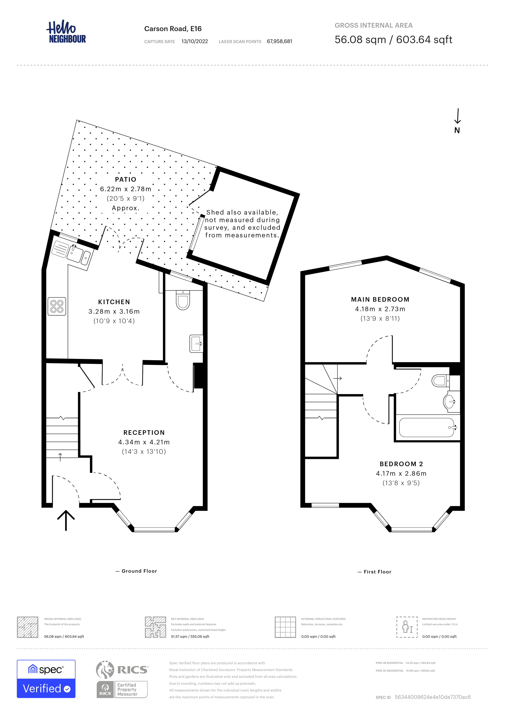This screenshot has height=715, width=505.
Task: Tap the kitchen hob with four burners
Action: [x=57, y=306]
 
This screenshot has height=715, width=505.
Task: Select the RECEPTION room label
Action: [x=144, y=433]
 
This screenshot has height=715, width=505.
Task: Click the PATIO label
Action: [x=126, y=179]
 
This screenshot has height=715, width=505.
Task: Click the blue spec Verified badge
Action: [x=46, y=679]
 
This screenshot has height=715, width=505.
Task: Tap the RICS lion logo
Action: [x=105, y=670]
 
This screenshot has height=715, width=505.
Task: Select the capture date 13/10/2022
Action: [x=195, y=41]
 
